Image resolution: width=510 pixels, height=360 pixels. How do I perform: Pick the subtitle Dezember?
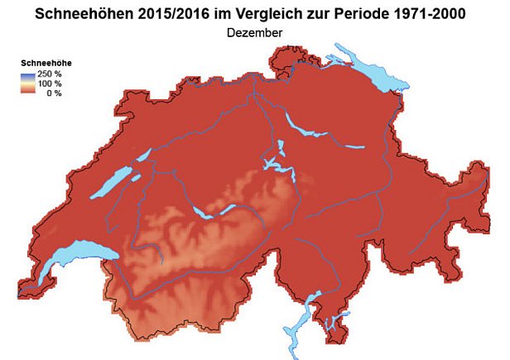point(254,32)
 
